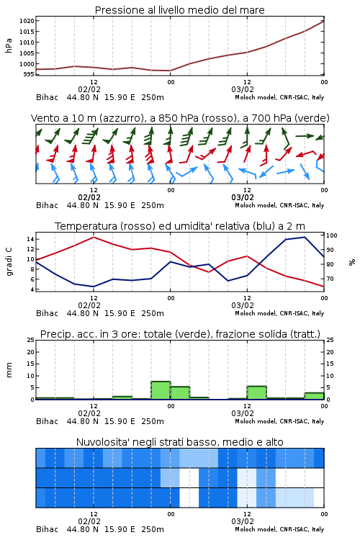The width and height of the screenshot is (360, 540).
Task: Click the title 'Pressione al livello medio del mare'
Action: coord(179,10)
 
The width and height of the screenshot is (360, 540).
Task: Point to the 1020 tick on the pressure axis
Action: coord(27,21)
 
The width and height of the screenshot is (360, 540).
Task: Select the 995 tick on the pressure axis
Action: coord(28,74)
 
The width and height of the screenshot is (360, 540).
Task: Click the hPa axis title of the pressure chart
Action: coord(9,45)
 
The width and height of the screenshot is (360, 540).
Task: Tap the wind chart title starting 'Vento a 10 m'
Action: coord(180,118)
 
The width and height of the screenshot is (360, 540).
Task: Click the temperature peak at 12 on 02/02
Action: coord(94,237)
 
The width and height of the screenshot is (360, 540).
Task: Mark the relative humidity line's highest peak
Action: coord(305,237)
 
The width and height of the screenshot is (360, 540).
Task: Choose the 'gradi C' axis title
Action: coord(9,262)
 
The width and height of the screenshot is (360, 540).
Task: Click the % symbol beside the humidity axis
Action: coord(352,262)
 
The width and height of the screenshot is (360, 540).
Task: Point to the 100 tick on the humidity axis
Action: coord(332,235)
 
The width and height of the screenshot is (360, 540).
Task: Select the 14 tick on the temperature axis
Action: coord(30,239)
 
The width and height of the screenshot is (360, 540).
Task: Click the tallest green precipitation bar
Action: coord(161,390)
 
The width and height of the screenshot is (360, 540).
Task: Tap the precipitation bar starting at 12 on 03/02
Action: coord(256,393)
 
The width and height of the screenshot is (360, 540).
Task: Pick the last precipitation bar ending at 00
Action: coord(314,396)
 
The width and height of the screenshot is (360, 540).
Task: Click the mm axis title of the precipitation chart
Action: coord(9,370)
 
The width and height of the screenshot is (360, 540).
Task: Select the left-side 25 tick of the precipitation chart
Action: coord(30,341)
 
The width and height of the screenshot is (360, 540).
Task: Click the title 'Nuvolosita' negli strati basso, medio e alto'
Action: coord(179,442)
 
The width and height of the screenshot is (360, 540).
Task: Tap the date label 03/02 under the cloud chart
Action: coord(243,521)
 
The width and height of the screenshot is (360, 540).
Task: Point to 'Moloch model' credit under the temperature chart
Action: coord(256,313)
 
